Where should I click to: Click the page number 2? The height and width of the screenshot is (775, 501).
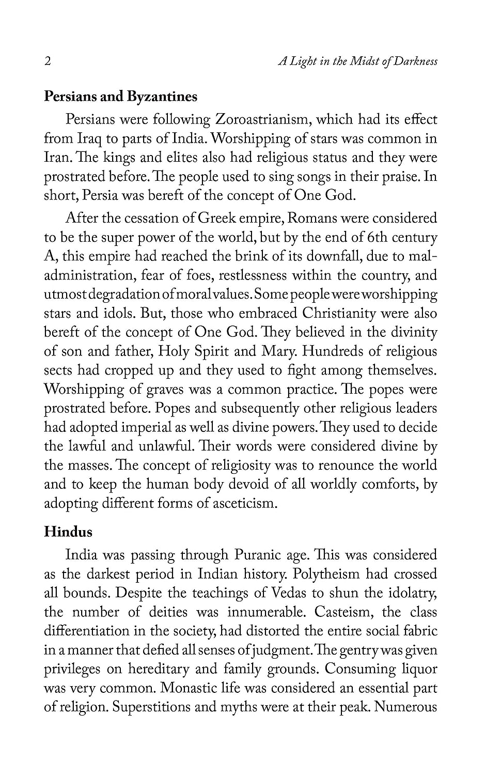click(x=48, y=61)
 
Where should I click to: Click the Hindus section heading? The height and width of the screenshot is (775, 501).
click(x=68, y=532)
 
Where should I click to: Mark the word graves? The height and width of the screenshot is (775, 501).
click(x=168, y=390)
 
